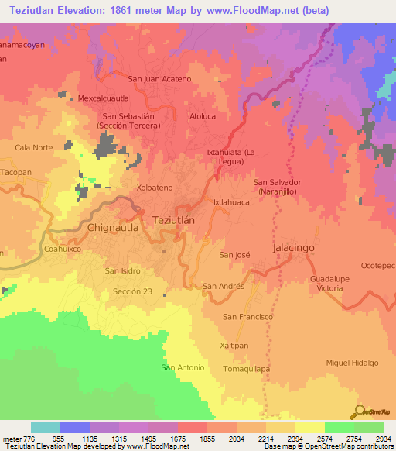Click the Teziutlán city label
click(182, 219)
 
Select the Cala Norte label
click(33, 147)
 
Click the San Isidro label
click(122, 270)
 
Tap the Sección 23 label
click(132, 291)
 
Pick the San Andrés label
click(224, 286)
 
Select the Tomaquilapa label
click(246, 369)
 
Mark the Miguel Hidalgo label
click(352, 363)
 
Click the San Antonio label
click(183, 367)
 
